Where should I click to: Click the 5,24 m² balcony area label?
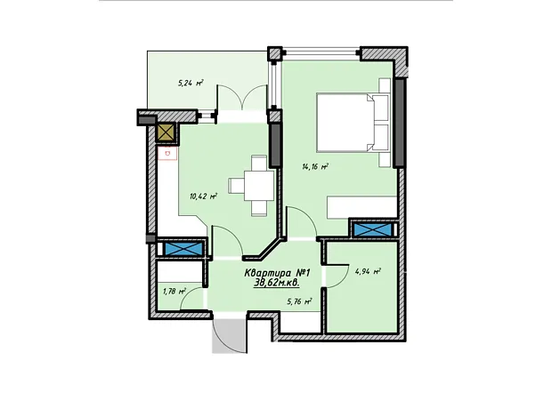191,84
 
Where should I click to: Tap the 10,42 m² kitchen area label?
203,196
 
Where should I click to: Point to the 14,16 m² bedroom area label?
315,166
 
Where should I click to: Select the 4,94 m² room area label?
369,271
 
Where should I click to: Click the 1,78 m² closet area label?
175,291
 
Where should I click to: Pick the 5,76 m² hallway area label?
299,301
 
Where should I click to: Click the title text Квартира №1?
277,273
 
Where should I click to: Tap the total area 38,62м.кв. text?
277,283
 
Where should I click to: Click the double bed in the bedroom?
353,122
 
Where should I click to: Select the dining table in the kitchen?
259,185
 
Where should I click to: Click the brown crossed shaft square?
166,132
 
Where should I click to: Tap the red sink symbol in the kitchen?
167,153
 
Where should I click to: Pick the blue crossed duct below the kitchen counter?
183,247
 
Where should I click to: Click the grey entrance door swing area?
230,333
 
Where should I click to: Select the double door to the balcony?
241,98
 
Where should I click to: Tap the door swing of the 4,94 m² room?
335,276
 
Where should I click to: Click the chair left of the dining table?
236,185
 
